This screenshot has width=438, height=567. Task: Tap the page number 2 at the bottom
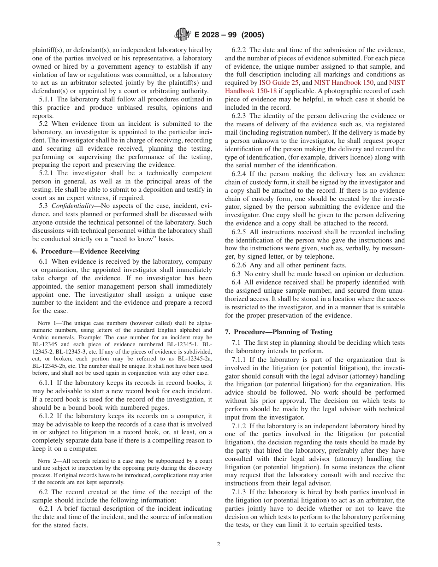click(219, 544)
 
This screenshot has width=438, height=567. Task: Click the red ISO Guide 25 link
click(279, 83)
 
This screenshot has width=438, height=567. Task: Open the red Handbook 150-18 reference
click(251, 91)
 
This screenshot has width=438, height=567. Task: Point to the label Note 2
click(46, 461)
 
